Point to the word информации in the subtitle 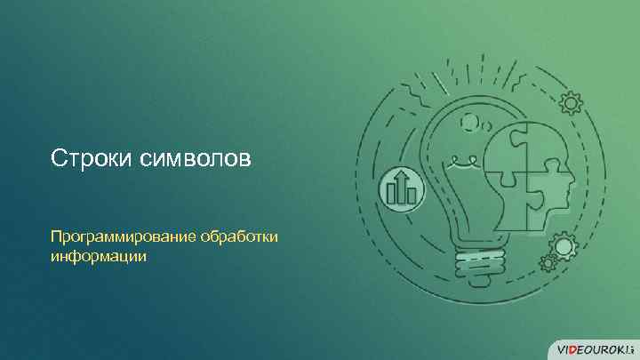[x=98, y=256]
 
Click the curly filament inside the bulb [x=462, y=163]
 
